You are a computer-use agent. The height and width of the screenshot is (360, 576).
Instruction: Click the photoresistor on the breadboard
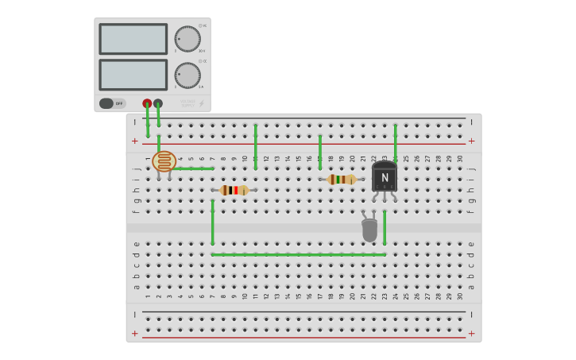pyautogui.click(x=164, y=162)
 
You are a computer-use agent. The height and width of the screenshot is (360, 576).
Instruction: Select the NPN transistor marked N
pyautogui.click(x=385, y=177)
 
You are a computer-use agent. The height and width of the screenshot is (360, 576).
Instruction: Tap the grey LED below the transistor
pyautogui.click(x=369, y=230)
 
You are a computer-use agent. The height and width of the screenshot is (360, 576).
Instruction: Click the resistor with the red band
pyautogui.click(x=234, y=190)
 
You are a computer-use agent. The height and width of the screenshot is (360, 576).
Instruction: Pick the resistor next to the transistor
pyautogui.click(x=342, y=180)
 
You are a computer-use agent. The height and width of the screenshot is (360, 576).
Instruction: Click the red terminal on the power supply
pyautogui.click(x=147, y=103)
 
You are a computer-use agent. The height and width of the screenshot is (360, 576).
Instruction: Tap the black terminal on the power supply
pyautogui.click(x=158, y=103)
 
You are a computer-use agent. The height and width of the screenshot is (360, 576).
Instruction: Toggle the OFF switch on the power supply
pyautogui.click(x=112, y=103)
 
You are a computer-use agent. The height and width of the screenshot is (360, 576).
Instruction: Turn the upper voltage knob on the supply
pyautogui.click(x=187, y=39)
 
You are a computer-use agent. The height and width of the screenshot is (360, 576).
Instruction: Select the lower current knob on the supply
pyautogui.click(x=187, y=75)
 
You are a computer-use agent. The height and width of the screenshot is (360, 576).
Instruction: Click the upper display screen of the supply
pyautogui.click(x=133, y=39)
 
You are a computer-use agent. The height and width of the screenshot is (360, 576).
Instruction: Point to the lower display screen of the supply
pyautogui.click(x=133, y=75)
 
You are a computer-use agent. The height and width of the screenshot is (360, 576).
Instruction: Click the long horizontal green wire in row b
pyautogui.click(x=298, y=254)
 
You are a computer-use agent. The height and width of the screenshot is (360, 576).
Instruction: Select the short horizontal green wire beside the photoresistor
pyautogui.click(x=194, y=168)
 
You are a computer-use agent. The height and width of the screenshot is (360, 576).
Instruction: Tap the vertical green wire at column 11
pyautogui.click(x=255, y=146)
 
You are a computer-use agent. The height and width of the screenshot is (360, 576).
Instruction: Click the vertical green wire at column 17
pyautogui.click(x=320, y=151)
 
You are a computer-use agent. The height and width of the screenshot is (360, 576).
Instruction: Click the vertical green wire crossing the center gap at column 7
pyautogui.click(x=212, y=223)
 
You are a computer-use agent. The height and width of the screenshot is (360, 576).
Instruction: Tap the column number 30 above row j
pyautogui.click(x=460, y=159)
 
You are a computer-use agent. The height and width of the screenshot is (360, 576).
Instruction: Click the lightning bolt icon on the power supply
pyautogui.click(x=200, y=103)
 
